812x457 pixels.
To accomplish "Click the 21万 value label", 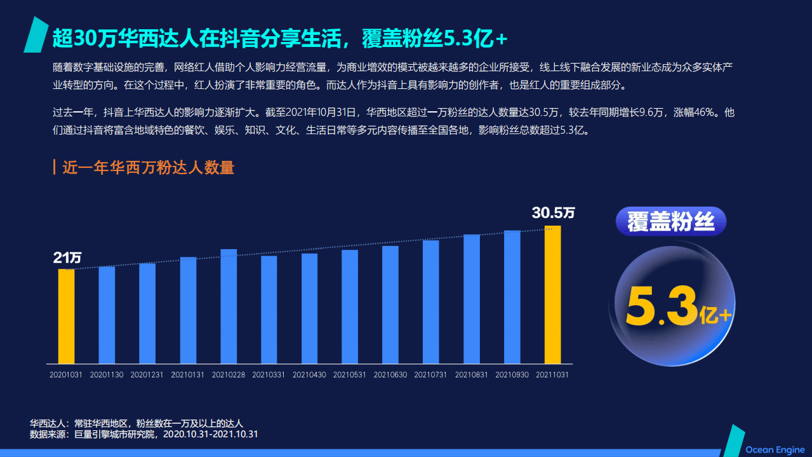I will click(67, 258).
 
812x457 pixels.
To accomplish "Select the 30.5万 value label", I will click(553, 213).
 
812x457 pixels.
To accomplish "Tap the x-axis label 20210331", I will click(269, 375).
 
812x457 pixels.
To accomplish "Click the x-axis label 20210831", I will click(472, 375).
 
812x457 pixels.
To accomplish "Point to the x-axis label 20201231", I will click(147, 375).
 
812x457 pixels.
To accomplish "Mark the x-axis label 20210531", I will click(350, 375).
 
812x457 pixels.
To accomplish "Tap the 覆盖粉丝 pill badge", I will click(670, 222).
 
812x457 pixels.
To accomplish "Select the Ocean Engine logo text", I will click(775, 450).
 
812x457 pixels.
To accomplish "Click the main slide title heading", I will click(280, 39).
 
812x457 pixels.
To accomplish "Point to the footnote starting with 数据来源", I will click(143, 435).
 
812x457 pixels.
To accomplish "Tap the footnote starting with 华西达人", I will click(136, 423).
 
